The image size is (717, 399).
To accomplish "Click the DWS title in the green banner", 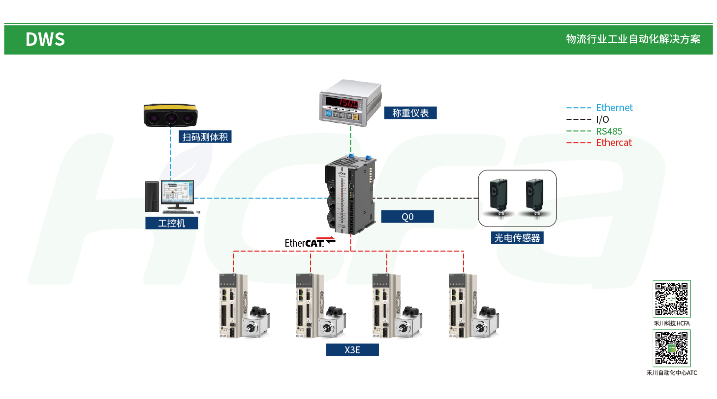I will coord(45,39).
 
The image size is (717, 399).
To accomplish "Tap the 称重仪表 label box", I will coord(410,113).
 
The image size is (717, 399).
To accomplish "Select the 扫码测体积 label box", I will coord(205,137).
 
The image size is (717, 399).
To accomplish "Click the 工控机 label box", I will coord(171,223).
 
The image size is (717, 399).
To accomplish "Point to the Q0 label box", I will coord(407,217).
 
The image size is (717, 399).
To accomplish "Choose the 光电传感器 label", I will coord(517,238).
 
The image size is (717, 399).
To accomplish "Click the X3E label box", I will coord(352,350).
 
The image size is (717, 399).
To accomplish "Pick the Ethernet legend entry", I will coord(614,108).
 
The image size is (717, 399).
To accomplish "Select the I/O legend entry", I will coord(602,119).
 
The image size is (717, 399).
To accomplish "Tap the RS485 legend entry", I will coord(609,131).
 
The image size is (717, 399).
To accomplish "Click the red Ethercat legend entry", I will coord(614,143).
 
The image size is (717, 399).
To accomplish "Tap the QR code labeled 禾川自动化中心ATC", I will coord(671,348).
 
